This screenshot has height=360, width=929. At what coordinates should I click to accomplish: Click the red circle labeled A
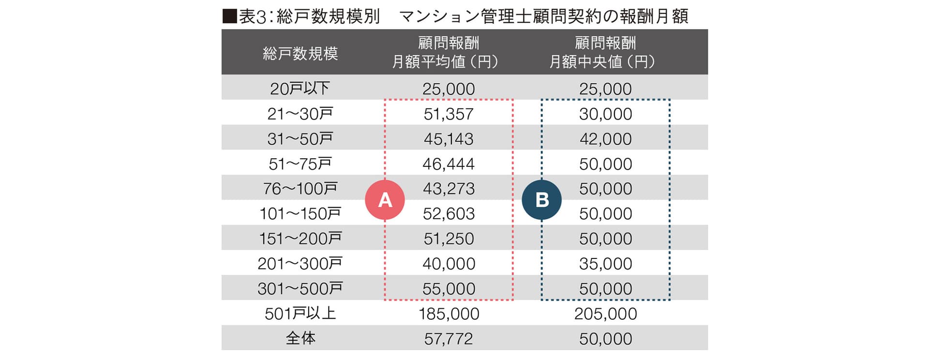385,200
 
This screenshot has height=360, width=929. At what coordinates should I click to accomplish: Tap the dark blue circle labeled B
542,200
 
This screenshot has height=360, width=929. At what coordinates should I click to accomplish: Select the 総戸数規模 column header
300,53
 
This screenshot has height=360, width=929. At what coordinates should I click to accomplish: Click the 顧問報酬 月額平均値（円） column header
448,52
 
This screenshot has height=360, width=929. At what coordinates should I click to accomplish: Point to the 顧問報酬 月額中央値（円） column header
605,52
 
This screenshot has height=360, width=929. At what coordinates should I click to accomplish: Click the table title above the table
455,16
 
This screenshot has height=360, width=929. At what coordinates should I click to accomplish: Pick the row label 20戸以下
300,89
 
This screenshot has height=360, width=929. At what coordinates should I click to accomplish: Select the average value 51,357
449,114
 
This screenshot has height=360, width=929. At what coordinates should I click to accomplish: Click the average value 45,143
449,139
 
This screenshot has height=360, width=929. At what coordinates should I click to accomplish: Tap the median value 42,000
605,139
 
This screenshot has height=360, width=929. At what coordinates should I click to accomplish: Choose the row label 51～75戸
300,164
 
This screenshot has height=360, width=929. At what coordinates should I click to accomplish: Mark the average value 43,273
449,189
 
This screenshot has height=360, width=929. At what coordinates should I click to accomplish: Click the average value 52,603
449,214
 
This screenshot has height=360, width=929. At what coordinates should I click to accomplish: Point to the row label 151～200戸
300,239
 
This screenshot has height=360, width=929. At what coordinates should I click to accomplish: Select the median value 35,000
605,264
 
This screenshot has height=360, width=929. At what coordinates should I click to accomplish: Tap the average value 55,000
449,289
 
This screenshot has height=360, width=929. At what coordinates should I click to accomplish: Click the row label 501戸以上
300,314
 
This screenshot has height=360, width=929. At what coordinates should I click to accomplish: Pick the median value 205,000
605,314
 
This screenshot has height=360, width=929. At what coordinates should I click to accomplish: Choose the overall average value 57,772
449,339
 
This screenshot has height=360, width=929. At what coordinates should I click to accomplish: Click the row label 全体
300,338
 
